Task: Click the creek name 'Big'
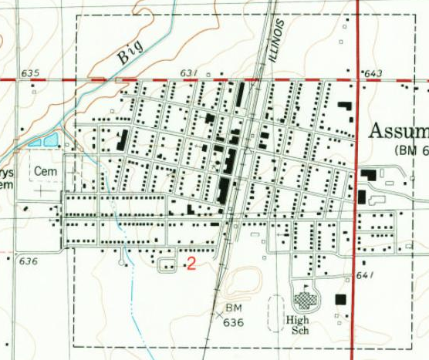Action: pos(130,52)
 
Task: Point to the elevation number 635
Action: pos(30,73)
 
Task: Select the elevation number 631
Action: pos(190,73)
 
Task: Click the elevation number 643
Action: pos(373,74)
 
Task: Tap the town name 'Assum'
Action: pos(398,130)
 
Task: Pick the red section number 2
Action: pos(191,264)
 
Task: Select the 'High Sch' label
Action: pos(298,325)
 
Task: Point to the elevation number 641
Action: pos(365,276)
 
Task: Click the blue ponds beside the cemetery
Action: pos(45,140)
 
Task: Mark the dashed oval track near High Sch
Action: pos(275,313)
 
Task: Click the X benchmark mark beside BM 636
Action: pos(218,314)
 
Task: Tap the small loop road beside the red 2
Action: pos(167,265)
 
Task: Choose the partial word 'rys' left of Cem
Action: pos(7,172)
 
